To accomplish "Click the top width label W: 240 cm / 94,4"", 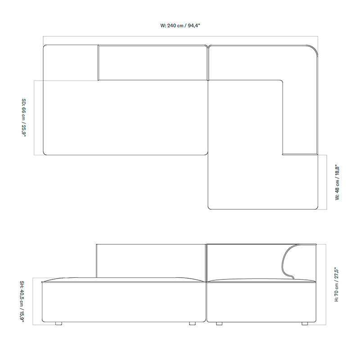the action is [x=180, y=26].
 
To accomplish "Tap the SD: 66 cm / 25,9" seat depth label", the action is [x=24, y=117].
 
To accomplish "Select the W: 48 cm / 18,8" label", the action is [x=337, y=182].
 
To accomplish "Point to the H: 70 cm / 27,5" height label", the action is [x=337, y=284].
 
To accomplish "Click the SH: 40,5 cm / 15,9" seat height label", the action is [x=22, y=301].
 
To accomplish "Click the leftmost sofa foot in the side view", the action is [x=58, y=324].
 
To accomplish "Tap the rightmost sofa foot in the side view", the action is [x=305, y=324].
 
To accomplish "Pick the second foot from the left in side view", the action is [x=193, y=324].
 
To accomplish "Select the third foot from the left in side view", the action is [x=219, y=324].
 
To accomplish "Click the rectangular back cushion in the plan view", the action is [x=153, y=63].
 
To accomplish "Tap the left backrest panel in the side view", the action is [x=151, y=261].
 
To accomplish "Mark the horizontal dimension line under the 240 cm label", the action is [x=180, y=36].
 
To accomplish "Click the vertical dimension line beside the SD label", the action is [x=34, y=117].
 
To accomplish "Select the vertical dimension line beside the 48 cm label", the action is [x=327, y=182].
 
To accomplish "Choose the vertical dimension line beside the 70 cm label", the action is [x=326, y=284].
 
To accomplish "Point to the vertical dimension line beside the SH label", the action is [x=32, y=301].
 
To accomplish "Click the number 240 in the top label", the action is [x=171, y=26].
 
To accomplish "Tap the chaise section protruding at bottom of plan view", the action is [x=263, y=182].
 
